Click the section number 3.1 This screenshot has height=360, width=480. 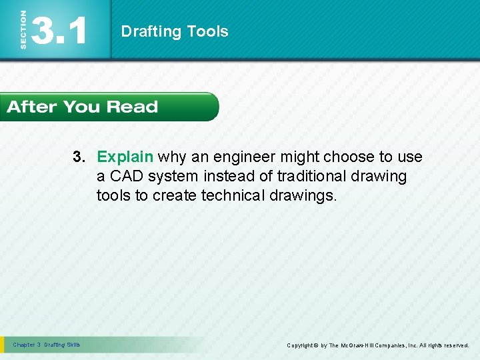point(59,31)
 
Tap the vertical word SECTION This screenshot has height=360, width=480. point(23,30)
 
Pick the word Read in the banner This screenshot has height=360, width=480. point(132,107)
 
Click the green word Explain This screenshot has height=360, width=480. point(125,157)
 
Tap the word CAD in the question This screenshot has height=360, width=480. point(126,176)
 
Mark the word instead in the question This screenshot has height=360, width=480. point(223,176)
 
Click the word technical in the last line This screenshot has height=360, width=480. point(233,195)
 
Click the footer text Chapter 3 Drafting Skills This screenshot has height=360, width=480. point(46,345)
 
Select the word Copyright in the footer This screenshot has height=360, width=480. point(301,345)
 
